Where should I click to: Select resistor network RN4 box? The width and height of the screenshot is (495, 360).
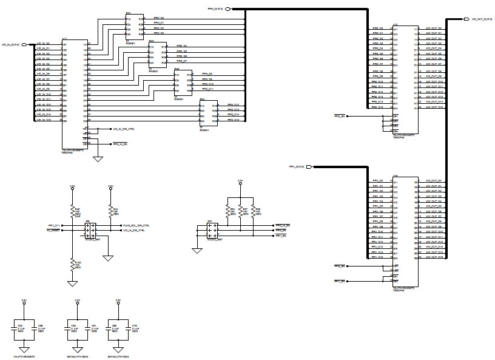coord(209,114)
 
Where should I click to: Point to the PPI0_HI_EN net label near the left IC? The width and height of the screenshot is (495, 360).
coord(120,143)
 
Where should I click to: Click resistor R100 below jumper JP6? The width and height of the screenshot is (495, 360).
coord(72,264)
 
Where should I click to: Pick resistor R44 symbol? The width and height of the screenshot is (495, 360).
coord(110,211)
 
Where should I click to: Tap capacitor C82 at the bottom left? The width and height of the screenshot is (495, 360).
coord(17,328)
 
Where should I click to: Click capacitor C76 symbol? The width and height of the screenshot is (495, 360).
coord(127,328)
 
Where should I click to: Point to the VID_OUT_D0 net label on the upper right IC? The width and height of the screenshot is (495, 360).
coord(434,29)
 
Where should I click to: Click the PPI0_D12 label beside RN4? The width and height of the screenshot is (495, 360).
coord(234,104)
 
